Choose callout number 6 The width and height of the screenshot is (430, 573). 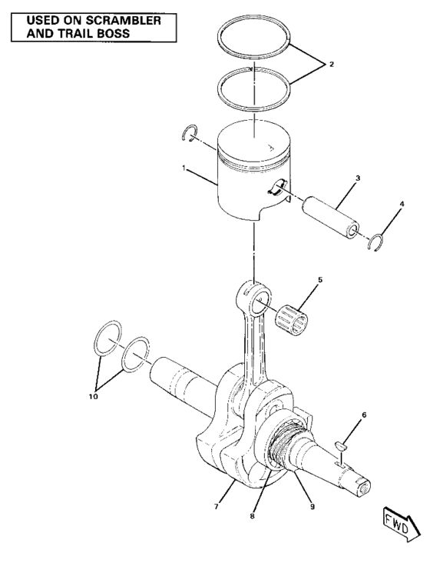point(364,415)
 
